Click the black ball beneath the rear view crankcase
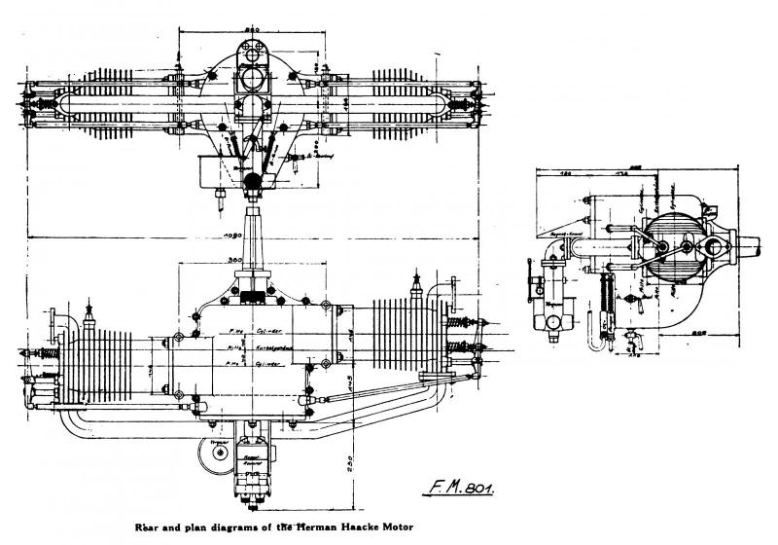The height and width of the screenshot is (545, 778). pyautogui.click(x=253, y=179)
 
